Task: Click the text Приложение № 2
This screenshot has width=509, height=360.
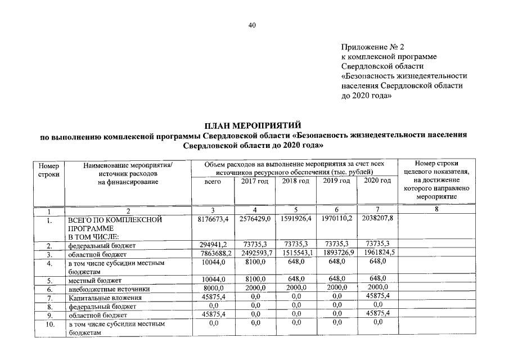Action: pyautogui.click(x=373, y=47)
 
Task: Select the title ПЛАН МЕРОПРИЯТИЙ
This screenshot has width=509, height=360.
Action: pyautogui.click(x=253, y=125)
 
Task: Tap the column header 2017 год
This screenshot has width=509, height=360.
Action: pyautogui.click(x=254, y=181)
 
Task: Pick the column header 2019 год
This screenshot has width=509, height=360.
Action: pyautogui.click(x=337, y=181)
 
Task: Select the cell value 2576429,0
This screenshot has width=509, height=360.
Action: pyautogui.click(x=254, y=219)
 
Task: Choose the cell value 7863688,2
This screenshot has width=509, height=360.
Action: pyautogui.click(x=212, y=254)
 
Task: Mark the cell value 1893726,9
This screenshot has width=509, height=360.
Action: pyautogui.click(x=337, y=254)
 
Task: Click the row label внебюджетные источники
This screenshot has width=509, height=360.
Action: pyautogui.click(x=103, y=289)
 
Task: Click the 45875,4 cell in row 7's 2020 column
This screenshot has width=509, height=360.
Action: pyautogui.click(x=377, y=296)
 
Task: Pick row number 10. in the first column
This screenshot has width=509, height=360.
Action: pyautogui.click(x=49, y=324)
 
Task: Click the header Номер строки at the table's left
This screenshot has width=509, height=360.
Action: pyautogui.click(x=49, y=170)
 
